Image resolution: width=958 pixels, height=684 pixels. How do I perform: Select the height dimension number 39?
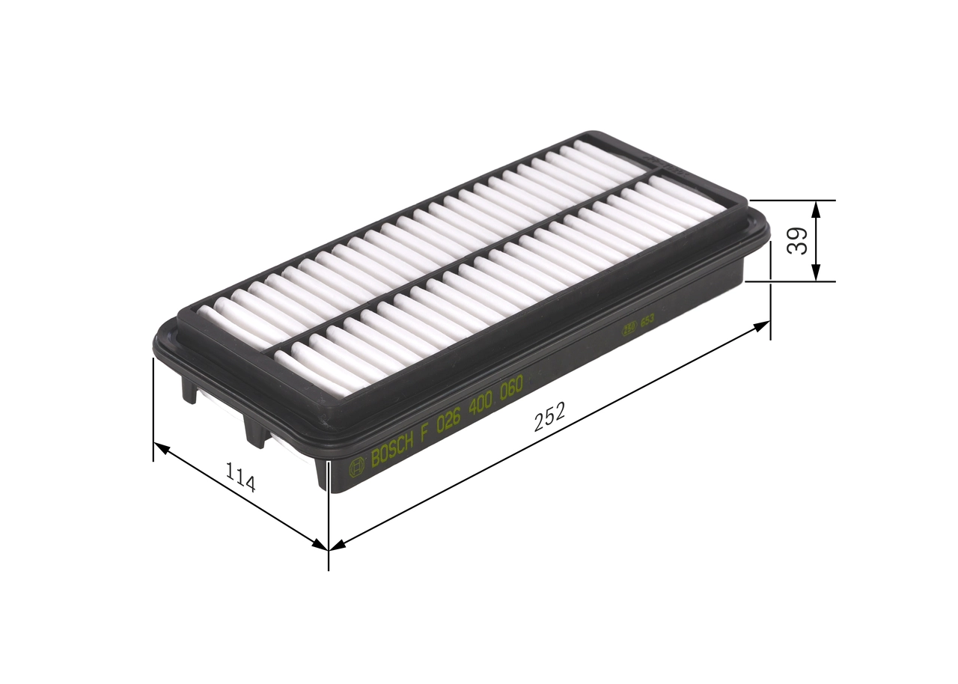click(799, 241)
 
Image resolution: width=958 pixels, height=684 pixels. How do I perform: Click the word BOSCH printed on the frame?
click(391, 450)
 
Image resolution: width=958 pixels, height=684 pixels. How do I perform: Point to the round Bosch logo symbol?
click(357, 467)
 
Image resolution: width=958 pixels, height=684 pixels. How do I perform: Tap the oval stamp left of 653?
click(630, 326)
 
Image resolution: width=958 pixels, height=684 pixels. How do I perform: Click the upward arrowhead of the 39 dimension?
click(816, 209)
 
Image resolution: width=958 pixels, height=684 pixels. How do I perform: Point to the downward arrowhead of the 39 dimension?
click(816, 273)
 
